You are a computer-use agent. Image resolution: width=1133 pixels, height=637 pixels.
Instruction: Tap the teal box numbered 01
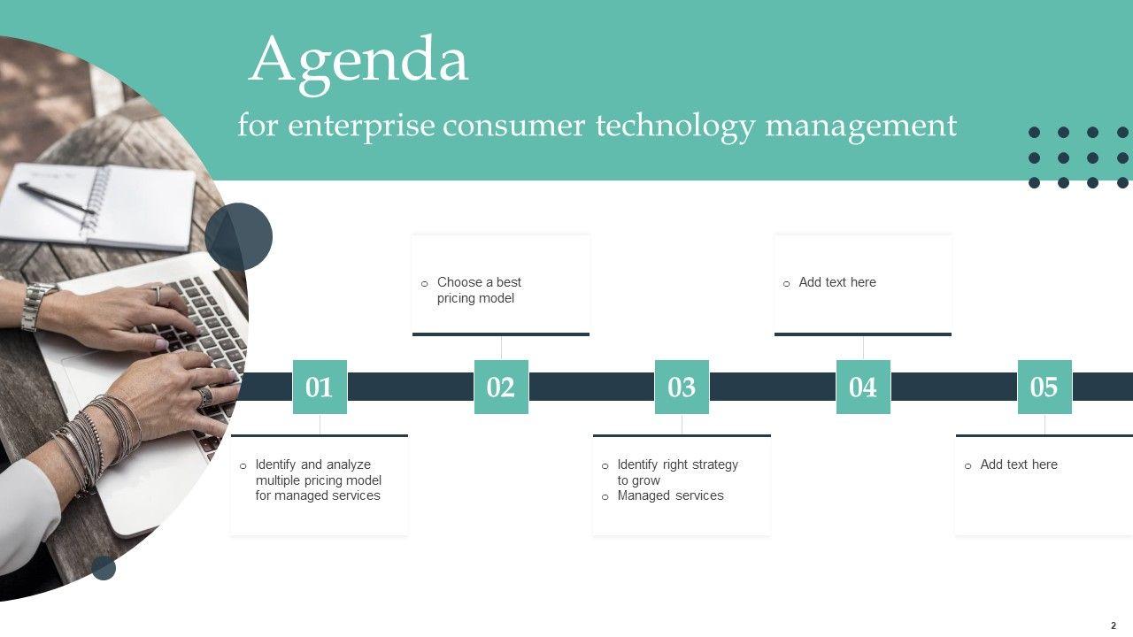tap(320, 387)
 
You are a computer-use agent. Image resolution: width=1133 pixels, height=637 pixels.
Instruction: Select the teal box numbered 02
tap(501, 387)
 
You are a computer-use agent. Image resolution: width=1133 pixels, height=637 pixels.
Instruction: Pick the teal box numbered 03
tap(682, 387)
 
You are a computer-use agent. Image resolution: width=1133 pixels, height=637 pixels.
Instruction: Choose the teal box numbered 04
tap(863, 387)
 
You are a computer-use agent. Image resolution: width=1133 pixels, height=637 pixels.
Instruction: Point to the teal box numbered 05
tap(1044, 387)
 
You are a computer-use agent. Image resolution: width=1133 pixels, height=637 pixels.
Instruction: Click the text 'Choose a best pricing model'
tap(479, 290)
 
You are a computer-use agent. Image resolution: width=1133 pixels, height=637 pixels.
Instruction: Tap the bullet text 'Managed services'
tap(670, 495)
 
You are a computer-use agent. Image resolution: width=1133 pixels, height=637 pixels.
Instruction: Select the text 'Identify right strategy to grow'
tap(678, 472)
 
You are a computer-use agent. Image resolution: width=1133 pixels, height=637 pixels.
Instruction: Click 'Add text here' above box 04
tap(837, 282)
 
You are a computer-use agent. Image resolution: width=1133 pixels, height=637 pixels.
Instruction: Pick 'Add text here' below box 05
tap(1019, 464)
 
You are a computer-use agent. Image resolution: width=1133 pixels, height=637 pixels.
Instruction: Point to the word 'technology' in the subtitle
tap(675, 127)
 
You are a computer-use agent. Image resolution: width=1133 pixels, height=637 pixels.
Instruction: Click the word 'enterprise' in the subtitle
tap(361, 127)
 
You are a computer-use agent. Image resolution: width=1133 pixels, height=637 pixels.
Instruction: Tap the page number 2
tap(1114, 625)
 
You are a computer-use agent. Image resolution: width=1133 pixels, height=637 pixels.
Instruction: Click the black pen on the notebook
tap(57, 198)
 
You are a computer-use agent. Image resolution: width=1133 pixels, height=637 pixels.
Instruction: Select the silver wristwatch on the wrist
tap(37, 306)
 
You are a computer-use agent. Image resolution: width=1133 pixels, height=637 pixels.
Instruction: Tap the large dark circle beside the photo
tap(239, 236)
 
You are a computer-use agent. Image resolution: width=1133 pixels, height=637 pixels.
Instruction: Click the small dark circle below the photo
tap(104, 568)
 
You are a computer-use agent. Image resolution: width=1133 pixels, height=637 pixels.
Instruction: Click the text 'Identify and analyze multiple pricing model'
tap(318, 472)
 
